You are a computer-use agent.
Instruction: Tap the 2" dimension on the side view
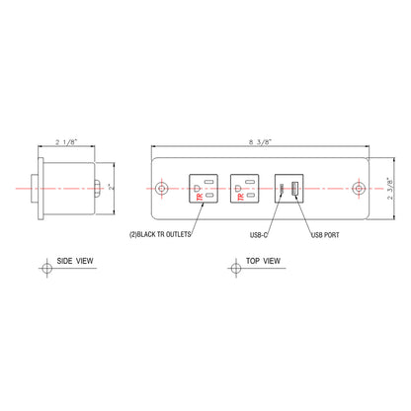pos(111,186)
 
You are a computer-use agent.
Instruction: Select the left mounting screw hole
pos(163,187)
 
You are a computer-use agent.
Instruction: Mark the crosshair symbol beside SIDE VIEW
pos(45,269)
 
